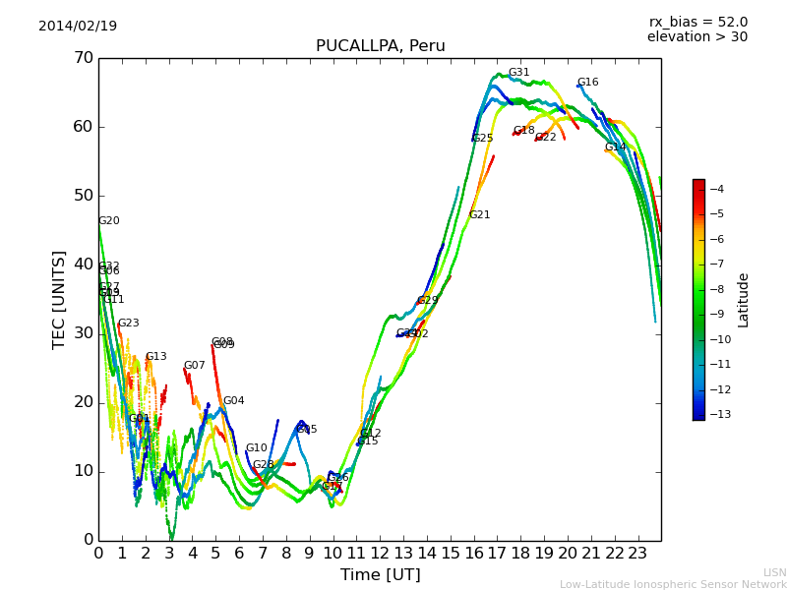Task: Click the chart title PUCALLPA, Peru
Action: point(380,46)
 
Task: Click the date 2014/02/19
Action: point(78,27)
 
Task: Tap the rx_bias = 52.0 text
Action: point(697,23)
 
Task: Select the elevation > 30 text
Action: point(696,37)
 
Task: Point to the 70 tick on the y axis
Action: point(83,58)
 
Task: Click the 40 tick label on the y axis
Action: point(83,265)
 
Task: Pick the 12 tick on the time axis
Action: point(380,554)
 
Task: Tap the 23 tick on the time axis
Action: point(637,554)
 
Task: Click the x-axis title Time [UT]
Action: point(380,574)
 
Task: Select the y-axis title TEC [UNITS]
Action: point(60,299)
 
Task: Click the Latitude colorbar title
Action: point(744,300)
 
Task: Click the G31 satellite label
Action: point(518,73)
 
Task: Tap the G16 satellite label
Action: point(587,83)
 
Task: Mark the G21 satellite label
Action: point(479,215)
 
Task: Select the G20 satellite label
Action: point(108,221)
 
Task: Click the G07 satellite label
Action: point(194,366)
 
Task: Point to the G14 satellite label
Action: point(615,147)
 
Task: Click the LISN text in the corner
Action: point(774,572)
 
